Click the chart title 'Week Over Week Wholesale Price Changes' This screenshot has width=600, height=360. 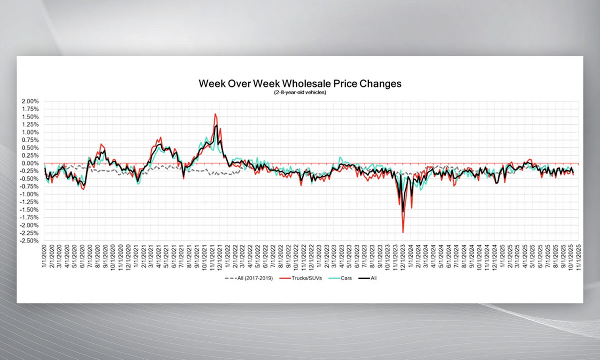[x=300, y=83]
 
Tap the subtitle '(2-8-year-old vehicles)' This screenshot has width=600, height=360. [x=300, y=93]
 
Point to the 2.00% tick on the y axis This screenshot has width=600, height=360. [x=31, y=101]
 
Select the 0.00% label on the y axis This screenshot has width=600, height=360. [x=31, y=163]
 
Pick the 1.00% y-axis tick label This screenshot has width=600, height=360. [x=31, y=132]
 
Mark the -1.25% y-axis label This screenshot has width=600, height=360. [x=30, y=202]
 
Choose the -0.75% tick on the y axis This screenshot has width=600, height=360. [x=30, y=186]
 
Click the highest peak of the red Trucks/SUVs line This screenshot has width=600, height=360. [x=215, y=114]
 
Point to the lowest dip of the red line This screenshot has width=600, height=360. [x=403, y=232]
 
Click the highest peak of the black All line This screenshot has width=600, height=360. [x=216, y=125]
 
